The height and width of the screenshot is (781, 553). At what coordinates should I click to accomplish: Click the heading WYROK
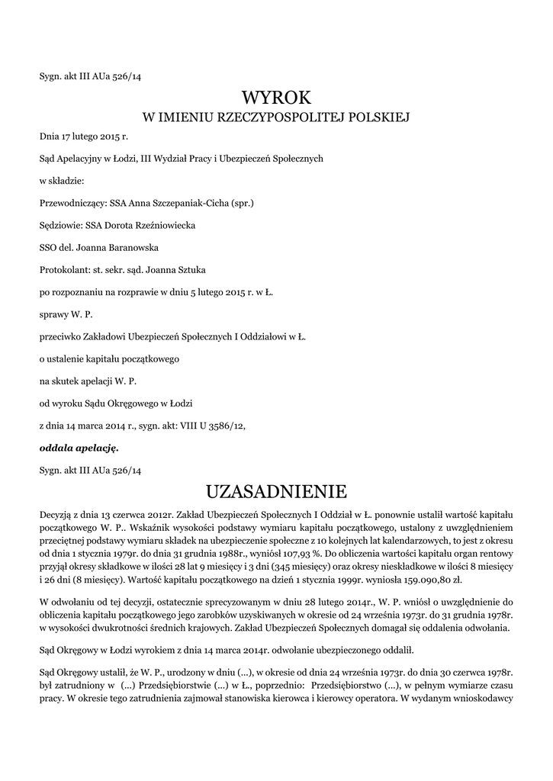(277, 97)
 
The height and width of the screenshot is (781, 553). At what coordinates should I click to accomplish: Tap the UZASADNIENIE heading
(276, 489)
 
